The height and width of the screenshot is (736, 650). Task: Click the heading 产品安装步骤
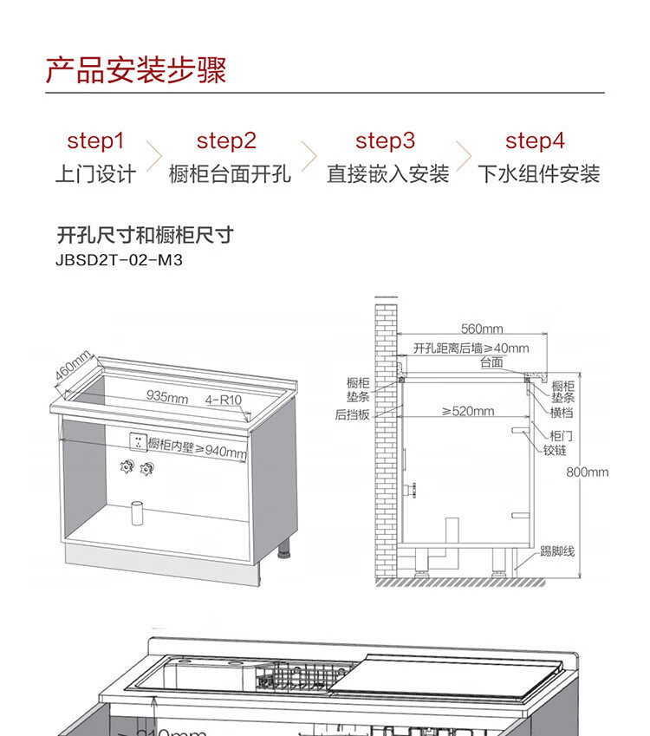click(136, 70)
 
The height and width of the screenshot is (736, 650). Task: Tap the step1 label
click(95, 141)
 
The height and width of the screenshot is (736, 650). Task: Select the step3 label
click(385, 141)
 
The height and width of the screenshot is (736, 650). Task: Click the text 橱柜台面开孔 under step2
click(230, 174)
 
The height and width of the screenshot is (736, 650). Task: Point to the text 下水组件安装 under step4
click(539, 174)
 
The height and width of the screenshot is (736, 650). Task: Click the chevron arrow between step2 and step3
click(308, 157)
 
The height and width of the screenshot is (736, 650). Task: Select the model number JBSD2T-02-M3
click(120, 259)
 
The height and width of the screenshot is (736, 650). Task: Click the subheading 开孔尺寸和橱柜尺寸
click(145, 235)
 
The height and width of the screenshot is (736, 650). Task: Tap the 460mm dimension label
click(73, 368)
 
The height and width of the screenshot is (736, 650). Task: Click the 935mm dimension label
click(167, 397)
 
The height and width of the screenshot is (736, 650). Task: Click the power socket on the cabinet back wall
click(135, 441)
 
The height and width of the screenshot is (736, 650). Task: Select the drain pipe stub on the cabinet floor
click(136, 513)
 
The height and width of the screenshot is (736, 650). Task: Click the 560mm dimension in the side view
click(482, 329)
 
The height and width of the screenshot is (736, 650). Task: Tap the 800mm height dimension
click(588, 472)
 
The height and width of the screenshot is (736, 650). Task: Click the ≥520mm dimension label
click(467, 411)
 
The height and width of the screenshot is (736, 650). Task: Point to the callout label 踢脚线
click(557, 551)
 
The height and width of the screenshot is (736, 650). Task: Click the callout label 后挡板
click(353, 414)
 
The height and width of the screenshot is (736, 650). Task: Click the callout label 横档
click(562, 412)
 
